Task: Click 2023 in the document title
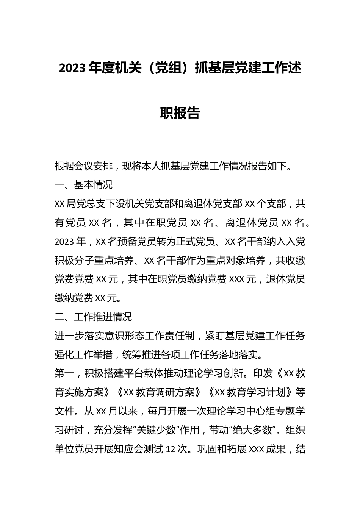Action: pos(72,69)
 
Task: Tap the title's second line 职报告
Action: pos(180,113)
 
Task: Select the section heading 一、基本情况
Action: pos(83,185)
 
